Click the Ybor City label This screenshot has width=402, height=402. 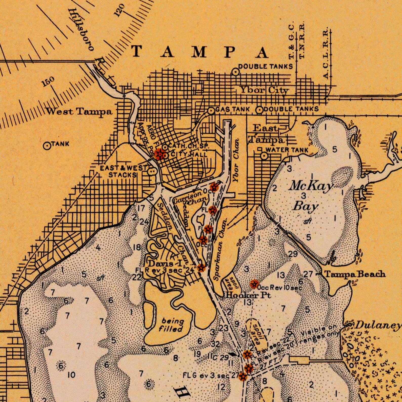[x=264, y=90]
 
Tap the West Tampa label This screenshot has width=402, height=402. [x=79, y=112]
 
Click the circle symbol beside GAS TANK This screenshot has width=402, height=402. [x=211, y=111]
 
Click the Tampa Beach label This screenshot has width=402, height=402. [x=355, y=274]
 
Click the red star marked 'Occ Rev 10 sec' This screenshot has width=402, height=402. [x=254, y=284]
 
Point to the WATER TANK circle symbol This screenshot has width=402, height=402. [x=264, y=156]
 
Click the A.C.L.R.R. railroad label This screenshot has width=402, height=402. [x=326, y=53]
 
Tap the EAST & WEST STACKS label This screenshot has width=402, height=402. [x=123, y=171]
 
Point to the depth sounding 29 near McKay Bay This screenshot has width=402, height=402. [x=293, y=254]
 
